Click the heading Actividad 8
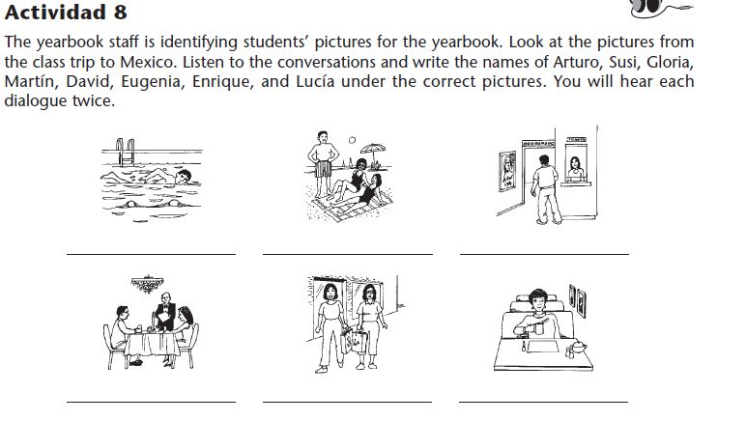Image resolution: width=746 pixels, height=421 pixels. point(66,12)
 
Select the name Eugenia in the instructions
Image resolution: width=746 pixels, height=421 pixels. point(152,81)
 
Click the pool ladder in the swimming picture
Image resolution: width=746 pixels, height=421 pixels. point(126,152)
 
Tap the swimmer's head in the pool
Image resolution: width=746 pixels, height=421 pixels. point(184,177)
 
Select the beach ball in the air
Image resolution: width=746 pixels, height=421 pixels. point(352,140)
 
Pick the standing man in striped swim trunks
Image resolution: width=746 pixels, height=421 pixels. point(323,164)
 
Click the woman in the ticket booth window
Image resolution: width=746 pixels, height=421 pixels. point(576,169)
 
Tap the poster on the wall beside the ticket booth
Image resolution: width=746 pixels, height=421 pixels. point(507,171)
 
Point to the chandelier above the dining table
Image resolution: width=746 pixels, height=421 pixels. point(147,284)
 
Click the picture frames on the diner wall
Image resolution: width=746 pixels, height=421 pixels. point(578,300)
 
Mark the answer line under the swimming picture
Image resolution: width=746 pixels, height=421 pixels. point(151,254)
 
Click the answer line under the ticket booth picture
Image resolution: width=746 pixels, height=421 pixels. point(544,254)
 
